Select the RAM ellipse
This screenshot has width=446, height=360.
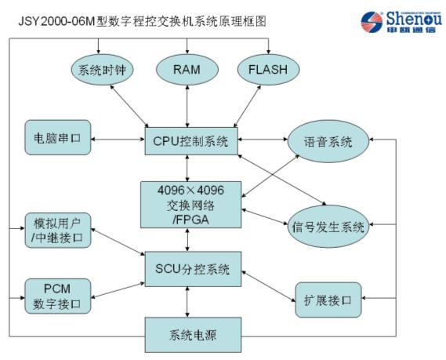click(x=187, y=70)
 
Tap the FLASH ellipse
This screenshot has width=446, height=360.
click(x=267, y=70)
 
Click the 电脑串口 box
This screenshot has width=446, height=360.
click(x=58, y=137)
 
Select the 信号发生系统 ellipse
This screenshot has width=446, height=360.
click(x=329, y=228)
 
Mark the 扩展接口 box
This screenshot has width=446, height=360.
click(x=328, y=299)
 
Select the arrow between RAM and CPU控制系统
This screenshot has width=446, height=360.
click(x=187, y=105)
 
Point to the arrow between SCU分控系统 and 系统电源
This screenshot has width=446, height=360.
click(x=187, y=302)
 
